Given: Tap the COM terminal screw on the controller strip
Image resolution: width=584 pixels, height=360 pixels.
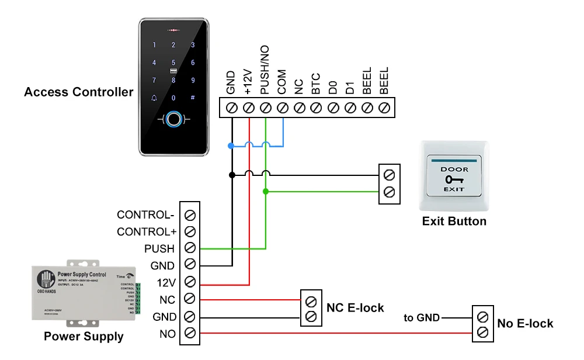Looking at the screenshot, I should (283, 108).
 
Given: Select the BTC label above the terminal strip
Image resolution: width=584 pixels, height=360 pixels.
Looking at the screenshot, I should (316, 84).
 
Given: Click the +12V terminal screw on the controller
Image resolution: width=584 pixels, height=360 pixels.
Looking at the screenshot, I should (248, 108).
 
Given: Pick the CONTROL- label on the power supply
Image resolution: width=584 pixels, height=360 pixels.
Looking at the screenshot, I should (146, 214).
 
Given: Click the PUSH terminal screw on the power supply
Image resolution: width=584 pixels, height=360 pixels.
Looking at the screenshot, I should (190, 248).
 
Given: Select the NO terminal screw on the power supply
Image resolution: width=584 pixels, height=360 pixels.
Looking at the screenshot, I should (190, 333).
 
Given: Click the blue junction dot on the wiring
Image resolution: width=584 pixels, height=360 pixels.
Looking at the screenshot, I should (231, 145).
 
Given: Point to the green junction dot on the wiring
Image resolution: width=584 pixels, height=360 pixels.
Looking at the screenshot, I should (266, 191).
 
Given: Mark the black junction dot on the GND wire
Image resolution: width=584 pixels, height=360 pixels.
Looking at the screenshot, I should (231, 174).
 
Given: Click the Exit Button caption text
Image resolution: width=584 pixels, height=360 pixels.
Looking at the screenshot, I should (454, 221).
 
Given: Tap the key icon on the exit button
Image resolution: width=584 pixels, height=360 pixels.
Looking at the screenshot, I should (453, 179).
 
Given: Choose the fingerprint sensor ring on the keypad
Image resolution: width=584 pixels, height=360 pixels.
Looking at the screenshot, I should (173, 121).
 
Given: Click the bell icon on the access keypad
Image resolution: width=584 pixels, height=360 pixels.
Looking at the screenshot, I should (154, 98).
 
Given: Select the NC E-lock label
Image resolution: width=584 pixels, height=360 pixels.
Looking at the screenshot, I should (355, 307).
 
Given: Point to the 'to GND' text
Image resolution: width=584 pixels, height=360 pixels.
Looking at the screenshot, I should (422, 318).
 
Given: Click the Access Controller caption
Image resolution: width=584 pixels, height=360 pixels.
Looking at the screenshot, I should (78, 92).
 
